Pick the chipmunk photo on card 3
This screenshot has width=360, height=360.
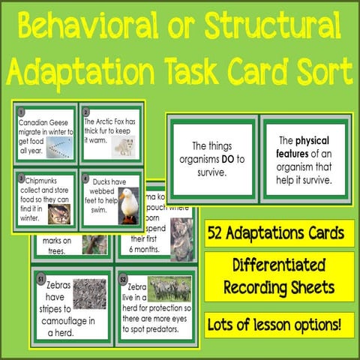click(x=60, y=214)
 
